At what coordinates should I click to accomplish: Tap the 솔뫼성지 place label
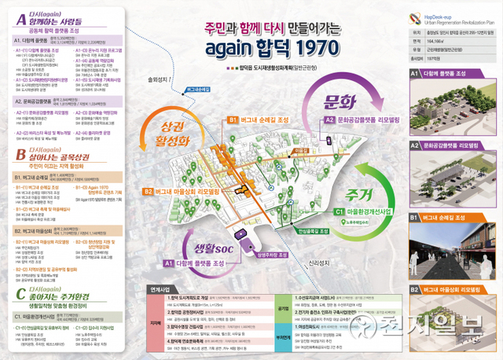point(159,80)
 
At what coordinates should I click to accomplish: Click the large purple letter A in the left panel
point(16,17)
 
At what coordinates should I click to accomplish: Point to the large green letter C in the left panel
point(16,292)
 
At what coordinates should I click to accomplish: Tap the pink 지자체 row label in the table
point(155,322)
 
